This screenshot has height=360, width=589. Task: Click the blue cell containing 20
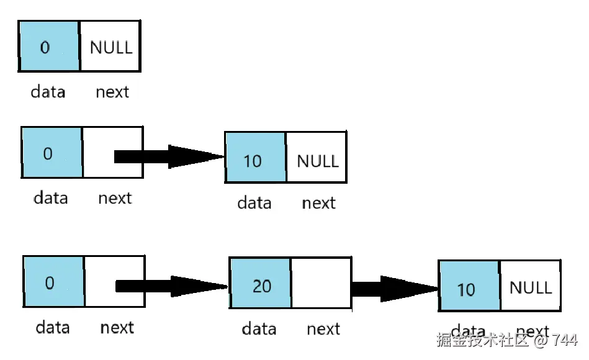pyautogui.click(x=261, y=283)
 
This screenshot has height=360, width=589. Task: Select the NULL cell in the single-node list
pyautogui.click(x=110, y=47)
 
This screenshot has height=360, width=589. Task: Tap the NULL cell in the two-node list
pyautogui.click(x=317, y=158)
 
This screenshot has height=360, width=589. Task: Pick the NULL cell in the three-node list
pyautogui.click(x=530, y=286)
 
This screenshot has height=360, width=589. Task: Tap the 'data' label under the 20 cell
pyautogui.click(x=259, y=328)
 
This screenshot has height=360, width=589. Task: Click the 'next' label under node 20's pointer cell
pyautogui.click(x=323, y=328)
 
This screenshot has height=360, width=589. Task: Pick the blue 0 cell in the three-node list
pyautogui.click(x=53, y=282)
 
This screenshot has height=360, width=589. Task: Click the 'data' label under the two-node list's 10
pyautogui.click(x=254, y=202)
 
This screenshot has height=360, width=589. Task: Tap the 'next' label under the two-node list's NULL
pyautogui.click(x=318, y=202)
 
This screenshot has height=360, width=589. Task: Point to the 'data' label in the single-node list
pyautogui.click(x=48, y=92)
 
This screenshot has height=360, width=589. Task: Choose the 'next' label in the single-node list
pyautogui.click(x=112, y=92)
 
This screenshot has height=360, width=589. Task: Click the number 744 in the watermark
pyautogui.click(x=565, y=340)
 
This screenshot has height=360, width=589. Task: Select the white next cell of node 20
pyautogui.click(x=321, y=283)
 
